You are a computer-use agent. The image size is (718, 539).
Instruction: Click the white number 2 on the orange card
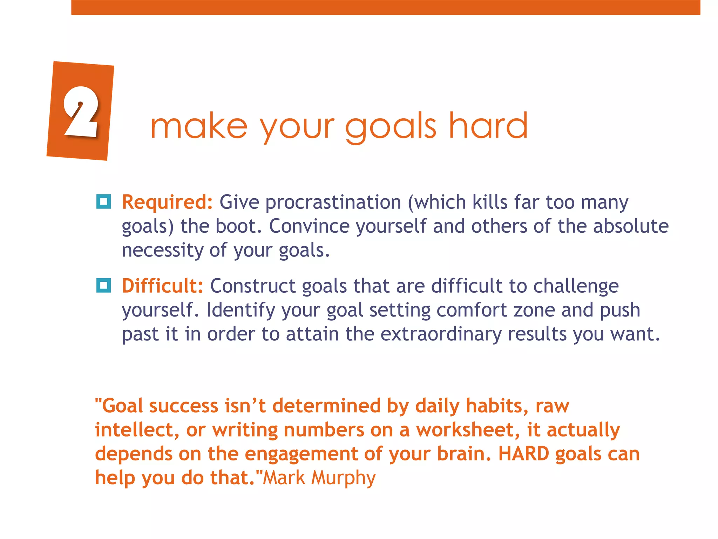[x=81, y=112]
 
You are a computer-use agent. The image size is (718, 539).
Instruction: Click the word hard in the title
[x=488, y=126]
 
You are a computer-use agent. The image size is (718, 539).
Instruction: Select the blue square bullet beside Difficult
[x=103, y=285]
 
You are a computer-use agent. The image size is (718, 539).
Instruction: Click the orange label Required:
[x=167, y=202]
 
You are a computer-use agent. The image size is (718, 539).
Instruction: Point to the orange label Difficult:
[x=162, y=286]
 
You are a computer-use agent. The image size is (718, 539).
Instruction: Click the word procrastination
[x=333, y=202]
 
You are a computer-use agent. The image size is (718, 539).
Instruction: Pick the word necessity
[x=162, y=250]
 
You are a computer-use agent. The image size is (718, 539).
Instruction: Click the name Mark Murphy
[x=319, y=478]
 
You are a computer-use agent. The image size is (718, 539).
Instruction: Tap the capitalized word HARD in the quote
[x=524, y=454]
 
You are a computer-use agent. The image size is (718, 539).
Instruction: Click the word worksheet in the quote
[x=465, y=430]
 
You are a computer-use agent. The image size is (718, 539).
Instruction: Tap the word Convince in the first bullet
[x=309, y=226]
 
